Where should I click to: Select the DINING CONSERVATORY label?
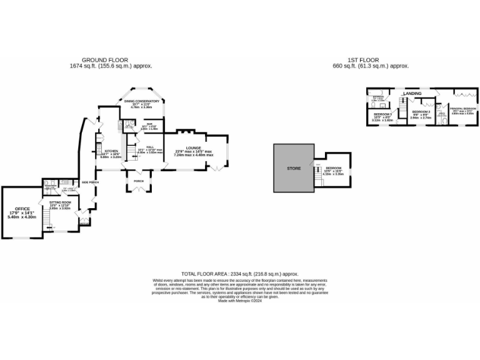tap(142, 101)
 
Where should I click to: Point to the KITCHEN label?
tap(112, 151)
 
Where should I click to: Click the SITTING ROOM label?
tap(61, 202)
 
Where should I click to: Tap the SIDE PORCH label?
tap(90, 182)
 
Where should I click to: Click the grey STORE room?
tap(294, 169)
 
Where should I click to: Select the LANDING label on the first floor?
tap(412, 94)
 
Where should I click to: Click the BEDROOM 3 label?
tap(382, 116)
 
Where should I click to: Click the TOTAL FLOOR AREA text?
tap(240, 274)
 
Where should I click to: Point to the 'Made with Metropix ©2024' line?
tap(240, 301)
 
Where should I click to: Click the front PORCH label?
tap(138, 182)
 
